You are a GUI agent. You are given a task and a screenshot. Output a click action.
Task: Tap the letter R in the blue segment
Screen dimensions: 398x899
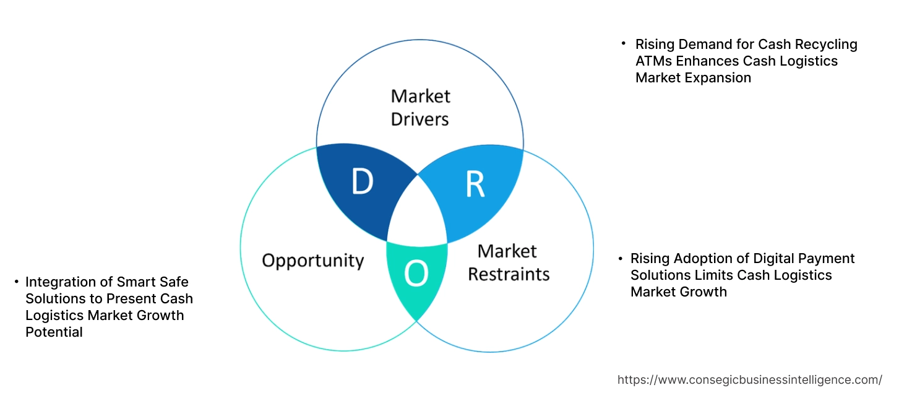(x=475, y=183)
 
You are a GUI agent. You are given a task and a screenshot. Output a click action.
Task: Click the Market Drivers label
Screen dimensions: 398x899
(x=420, y=107)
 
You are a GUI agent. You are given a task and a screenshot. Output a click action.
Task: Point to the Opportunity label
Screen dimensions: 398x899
(x=312, y=260)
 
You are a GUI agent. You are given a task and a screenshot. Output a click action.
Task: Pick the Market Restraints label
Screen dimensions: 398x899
(x=508, y=262)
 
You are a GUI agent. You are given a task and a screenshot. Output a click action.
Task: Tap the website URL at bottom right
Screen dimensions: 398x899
(x=750, y=379)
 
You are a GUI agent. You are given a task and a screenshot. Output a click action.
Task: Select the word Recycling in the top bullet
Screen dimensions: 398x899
(x=827, y=44)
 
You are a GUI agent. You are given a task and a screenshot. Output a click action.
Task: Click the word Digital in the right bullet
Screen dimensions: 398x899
(x=762, y=258)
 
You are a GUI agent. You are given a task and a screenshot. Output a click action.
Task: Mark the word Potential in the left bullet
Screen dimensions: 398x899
(x=54, y=332)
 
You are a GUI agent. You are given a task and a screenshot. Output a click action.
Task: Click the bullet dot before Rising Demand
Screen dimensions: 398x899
(x=624, y=44)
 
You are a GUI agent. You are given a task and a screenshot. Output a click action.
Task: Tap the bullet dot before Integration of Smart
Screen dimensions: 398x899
(x=16, y=282)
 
